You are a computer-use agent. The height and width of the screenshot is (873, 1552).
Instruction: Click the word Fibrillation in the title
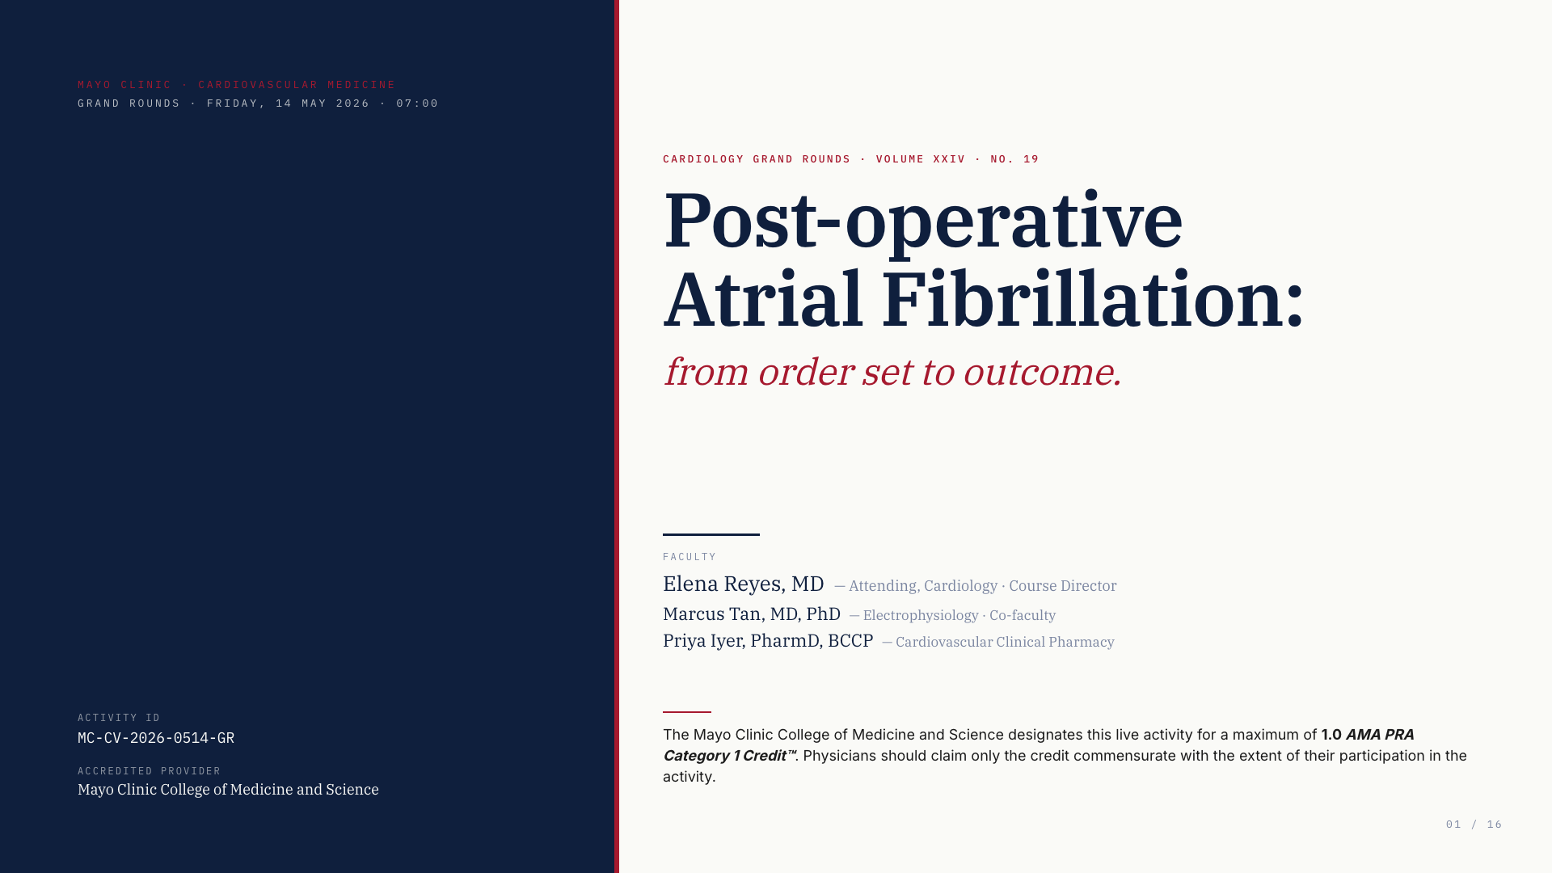pyautogui.click(x=1092, y=300)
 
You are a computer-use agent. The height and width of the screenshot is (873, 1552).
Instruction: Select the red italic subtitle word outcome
pyautogui.click(x=1042, y=373)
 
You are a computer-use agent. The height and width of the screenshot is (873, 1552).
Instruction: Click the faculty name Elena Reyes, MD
pyautogui.click(x=744, y=584)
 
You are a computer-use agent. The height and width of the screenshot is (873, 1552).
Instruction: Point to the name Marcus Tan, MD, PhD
pyautogui.click(x=752, y=614)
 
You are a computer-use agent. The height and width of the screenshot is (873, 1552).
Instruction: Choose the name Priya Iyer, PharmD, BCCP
pyautogui.click(x=768, y=641)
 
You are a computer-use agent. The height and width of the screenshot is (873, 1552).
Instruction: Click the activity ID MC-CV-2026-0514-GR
pyautogui.click(x=156, y=738)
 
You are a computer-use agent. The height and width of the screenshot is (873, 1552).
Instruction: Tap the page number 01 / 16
pyautogui.click(x=1474, y=824)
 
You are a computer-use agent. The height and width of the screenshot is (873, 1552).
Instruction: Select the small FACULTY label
pyautogui.click(x=690, y=557)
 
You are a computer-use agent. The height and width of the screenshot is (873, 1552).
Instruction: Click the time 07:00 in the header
pyautogui.click(x=417, y=103)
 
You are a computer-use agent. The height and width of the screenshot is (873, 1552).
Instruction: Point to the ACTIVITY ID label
pyautogui.click(x=119, y=718)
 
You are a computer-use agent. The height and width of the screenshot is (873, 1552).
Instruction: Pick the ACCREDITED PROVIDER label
pyautogui.click(x=150, y=771)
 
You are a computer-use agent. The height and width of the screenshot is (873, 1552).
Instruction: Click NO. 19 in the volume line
pyautogui.click(x=1014, y=159)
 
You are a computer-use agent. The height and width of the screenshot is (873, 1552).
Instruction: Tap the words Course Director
pyautogui.click(x=1062, y=586)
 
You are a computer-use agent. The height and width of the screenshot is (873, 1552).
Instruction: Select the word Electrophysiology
pyautogui.click(x=921, y=616)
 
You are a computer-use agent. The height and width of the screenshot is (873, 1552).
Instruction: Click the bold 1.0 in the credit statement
pyautogui.click(x=1331, y=735)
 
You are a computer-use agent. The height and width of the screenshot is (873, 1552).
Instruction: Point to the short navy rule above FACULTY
pyautogui.click(x=711, y=534)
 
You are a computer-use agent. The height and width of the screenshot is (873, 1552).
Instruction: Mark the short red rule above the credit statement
pyautogui.click(x=687, y=712)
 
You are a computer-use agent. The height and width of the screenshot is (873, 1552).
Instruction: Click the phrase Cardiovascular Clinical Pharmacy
pyautogui.click(x=1005, y=642)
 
